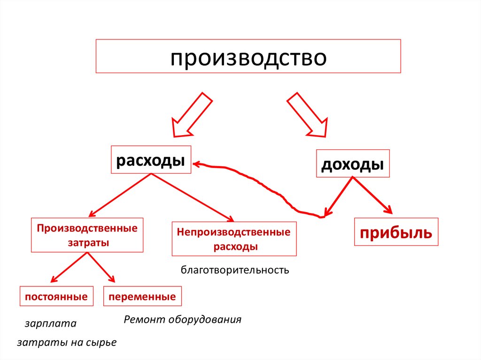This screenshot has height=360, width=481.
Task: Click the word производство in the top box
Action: (x=248, y=59)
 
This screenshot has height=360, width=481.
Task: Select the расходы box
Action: (x=150, y=160)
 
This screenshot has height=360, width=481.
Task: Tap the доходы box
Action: (x=352, y=164)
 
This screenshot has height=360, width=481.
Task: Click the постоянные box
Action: (x=56, y=297)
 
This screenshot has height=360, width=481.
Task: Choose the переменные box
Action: (x=142, y=297)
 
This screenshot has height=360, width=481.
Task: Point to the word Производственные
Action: (x=88, y=228)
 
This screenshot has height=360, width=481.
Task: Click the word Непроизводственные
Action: (x=233, y=232)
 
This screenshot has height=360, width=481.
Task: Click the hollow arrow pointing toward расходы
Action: (x=190, y=115)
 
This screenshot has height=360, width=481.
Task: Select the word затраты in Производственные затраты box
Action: (x=88, y=243)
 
